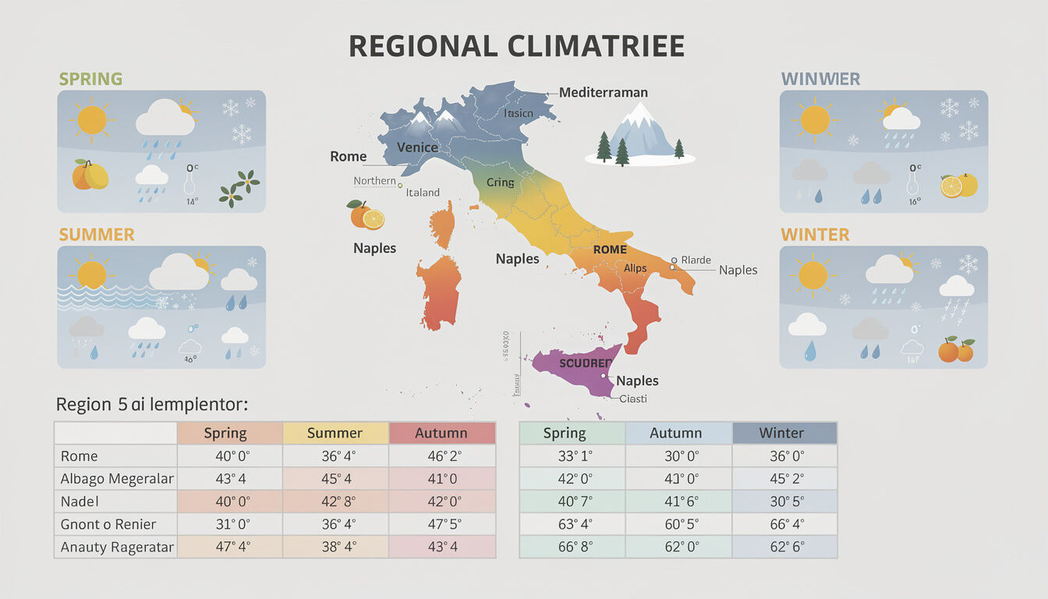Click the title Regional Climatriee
[516, 46]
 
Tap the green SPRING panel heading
[90, 79]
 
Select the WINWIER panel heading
[820, 79]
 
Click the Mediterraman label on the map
[604, 93]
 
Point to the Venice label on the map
[417, 147]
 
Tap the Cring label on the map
[501, 183]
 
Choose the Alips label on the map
[636, 268]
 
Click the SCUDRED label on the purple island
[586, 363]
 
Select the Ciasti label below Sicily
[633, 399]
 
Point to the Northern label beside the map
[374, 181]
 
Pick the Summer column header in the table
[335, 433]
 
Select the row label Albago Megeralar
[117, 478]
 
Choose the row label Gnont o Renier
[108, 524]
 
